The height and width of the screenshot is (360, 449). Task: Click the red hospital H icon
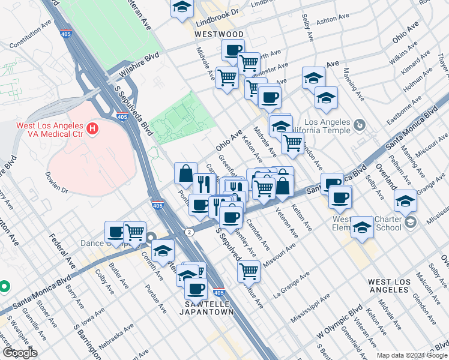pyautogui.click(x=92, y=128)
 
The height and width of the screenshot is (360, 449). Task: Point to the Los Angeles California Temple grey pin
pyautogui.click(x=359, y=125)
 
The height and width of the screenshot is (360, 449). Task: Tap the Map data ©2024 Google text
pyautogui.click(x=412, y=355)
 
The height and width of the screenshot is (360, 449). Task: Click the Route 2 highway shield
pyautogui.click(x=190, y=232)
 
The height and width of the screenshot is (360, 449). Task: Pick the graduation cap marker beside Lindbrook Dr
pyautogui.click(x=181, y=8)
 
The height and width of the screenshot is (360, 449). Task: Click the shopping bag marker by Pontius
pyautogui.click(x=185, y=173)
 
